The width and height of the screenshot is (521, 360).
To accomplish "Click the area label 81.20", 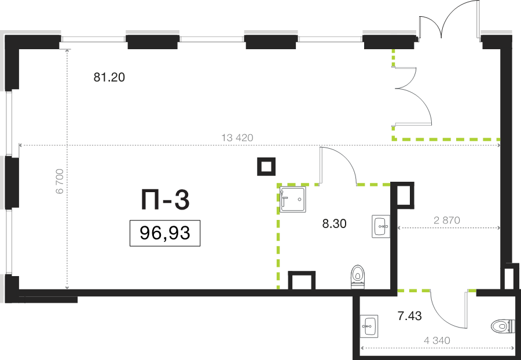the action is click(109, 78).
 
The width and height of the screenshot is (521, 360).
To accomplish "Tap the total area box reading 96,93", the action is click(165, 233).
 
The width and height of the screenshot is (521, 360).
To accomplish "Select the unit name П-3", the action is click(165, 200).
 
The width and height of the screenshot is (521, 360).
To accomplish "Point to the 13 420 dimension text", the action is click(237, 138).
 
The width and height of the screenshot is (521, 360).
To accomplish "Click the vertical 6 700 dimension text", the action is click(60, 181).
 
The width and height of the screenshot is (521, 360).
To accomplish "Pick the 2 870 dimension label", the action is click(447, 220).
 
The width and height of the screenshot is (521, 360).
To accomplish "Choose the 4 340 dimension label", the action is click(437, 340).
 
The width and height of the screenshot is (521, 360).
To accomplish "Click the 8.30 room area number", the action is click(334, 224).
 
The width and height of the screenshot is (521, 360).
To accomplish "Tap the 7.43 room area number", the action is click(410, 316).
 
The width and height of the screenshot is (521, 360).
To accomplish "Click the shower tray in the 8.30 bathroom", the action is click(293, 200).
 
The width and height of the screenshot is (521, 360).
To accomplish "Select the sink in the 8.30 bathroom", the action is click(381, 226).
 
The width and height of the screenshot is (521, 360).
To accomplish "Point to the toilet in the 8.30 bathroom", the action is click(358, 277).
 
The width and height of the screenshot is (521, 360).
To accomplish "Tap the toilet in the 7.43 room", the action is click(502, 326).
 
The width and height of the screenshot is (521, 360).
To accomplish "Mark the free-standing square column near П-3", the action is click(266, 166).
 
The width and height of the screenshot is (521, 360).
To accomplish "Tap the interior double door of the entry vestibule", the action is click(413, 96).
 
